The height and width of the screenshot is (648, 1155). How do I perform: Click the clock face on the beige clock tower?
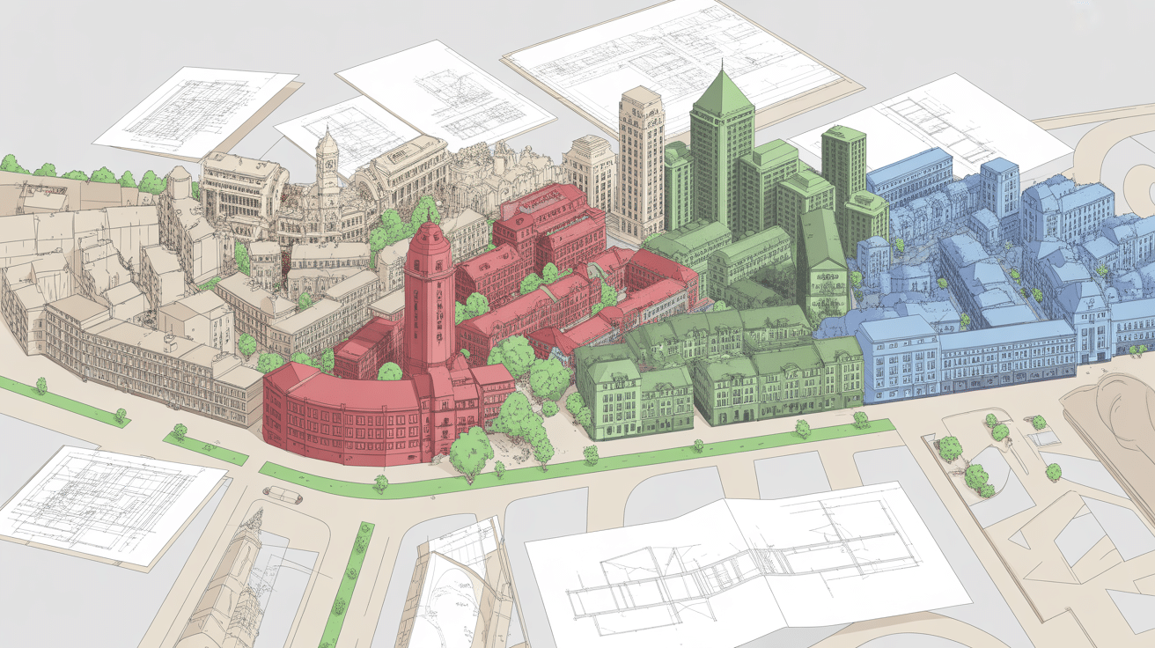(x=327, y=163)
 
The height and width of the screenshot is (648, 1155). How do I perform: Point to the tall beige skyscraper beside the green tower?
(x=641, y=163)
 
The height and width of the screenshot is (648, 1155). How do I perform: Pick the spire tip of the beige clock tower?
(x=327, y=129)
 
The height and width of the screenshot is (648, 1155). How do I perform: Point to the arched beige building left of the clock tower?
(x=242, y=189)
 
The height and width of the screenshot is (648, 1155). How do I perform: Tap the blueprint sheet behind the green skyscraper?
(x=678, y=53)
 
